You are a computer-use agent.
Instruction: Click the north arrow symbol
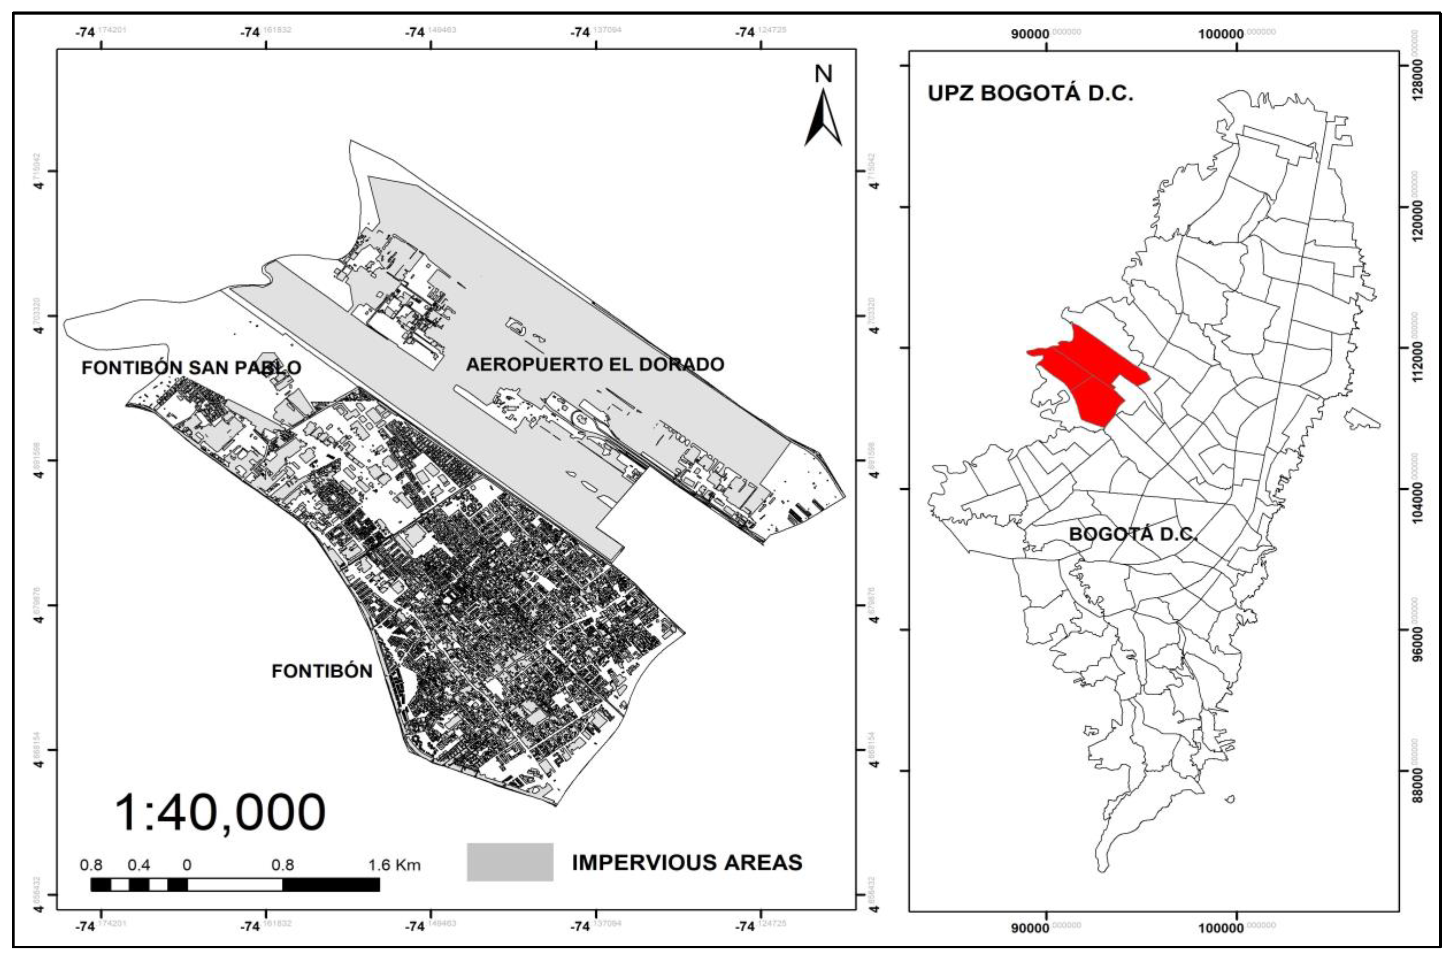[x=823, y=120]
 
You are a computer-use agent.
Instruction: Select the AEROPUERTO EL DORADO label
[x=595, y=365]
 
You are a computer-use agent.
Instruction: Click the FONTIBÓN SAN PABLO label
[x=191, y=368]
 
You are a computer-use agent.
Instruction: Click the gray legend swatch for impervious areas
[x=510, y=862]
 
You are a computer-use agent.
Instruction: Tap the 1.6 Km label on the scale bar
[x=394, y=865]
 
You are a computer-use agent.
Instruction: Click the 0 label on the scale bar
[x=187, y=865]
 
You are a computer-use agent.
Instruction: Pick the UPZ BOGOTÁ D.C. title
[x=1030, y=93]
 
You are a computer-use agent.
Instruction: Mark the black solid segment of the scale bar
[x=331, y=884]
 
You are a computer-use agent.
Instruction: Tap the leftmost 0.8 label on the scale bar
[x=91, y=865]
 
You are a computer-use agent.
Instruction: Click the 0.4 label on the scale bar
[x=139, y=865]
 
